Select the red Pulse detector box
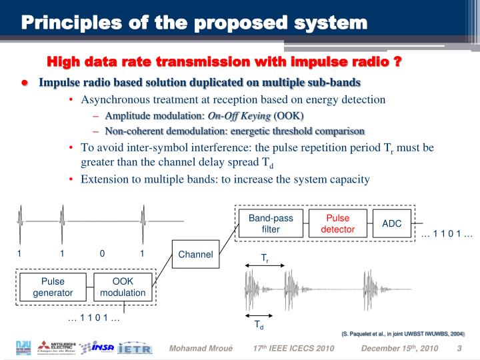(338, 223)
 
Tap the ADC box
(391, 223)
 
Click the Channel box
(195, 254)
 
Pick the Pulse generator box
(53, 287)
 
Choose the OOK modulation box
(123, 287)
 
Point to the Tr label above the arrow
(264, 257)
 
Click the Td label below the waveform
(259, 326)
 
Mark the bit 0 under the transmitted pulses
(102, 253)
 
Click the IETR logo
(135, 348)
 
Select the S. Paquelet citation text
(403, 333)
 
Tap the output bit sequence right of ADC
(447, 234)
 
